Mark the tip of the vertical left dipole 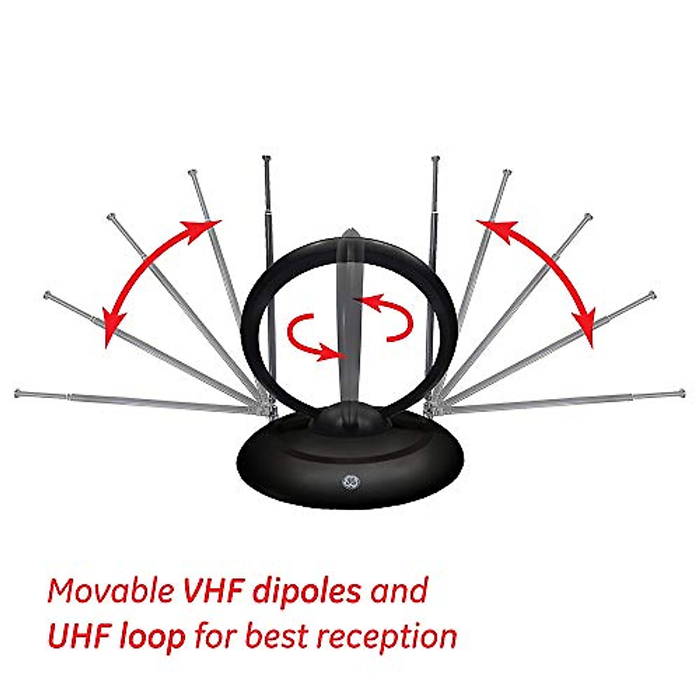pyautogui.click(x=267, y=159)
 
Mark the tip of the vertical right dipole pyautogui.click(x=433, y=159)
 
